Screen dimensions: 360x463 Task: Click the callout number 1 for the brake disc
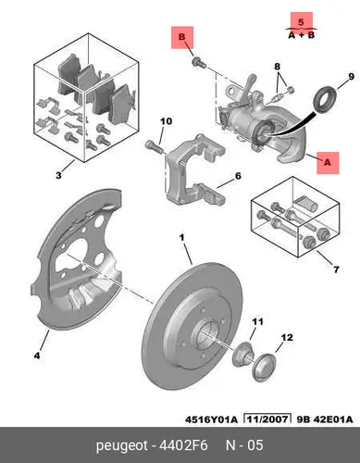[182, 238]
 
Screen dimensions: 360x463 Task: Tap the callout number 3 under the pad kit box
[58, 175]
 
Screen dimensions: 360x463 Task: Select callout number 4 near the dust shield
[37, 356]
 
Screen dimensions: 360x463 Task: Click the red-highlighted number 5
[301, 22]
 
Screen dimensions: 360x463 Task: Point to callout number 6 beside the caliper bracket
[238, 176]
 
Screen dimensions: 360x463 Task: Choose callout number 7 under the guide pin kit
[336, 269]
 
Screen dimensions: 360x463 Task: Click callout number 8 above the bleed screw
[277, 67]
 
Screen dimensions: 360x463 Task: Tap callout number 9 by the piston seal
[352, 77]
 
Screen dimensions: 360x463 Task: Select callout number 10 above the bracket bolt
[166, 121]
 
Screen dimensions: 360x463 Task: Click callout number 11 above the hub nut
[257, 322]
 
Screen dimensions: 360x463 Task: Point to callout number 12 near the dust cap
[287, 337]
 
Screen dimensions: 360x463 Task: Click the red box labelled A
[328, 163]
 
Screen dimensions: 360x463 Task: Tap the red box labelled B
[182, 37]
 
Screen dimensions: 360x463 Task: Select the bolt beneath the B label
[199, 63]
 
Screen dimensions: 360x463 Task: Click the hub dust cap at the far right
[265, 368]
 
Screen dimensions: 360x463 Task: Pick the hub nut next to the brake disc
[242, 355]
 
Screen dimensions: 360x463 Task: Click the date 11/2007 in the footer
[267, 419]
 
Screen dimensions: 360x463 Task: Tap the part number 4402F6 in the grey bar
[183, 445]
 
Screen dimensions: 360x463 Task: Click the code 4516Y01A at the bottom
[211, 419]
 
